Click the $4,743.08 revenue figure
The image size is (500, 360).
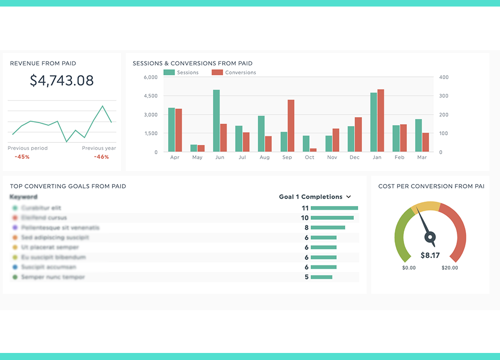pyautogui.click(x=61, y=81)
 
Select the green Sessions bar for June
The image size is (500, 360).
pyautogui.click(x=216, y=121)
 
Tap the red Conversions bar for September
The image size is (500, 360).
pyautogui.click(x=291, y=126)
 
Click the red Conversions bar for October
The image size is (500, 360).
pyautogui.click(x=313, y=150)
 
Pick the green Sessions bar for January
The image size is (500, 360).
pyautogui.click(x=373, y=122)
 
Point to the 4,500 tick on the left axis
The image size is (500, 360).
pyautogui.click(x=151, y=96)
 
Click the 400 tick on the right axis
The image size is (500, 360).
pyautogui.click(x=444, y=77)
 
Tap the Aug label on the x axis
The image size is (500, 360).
pyautogui.click(x=265, y=157)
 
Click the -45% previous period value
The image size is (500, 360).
pyautogui.click(x=22, y=157)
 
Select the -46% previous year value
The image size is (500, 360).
pyautogui.click(x=102, y=157)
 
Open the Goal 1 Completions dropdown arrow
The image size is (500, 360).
pyautogui.click(x=349, y=197)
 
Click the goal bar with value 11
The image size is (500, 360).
pyautogui.click(x=334, y=208)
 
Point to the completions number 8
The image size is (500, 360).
pyautogui.click(x=307, y=228)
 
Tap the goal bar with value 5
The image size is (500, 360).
pyautogui.click(x=322, y=277)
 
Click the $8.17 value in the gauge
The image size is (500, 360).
pyautogui.click(x=430, y=255)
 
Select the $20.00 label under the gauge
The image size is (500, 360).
pyautogui.click(x=450, y=268)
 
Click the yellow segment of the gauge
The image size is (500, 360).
pyautogui.click(x=426, y=207)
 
